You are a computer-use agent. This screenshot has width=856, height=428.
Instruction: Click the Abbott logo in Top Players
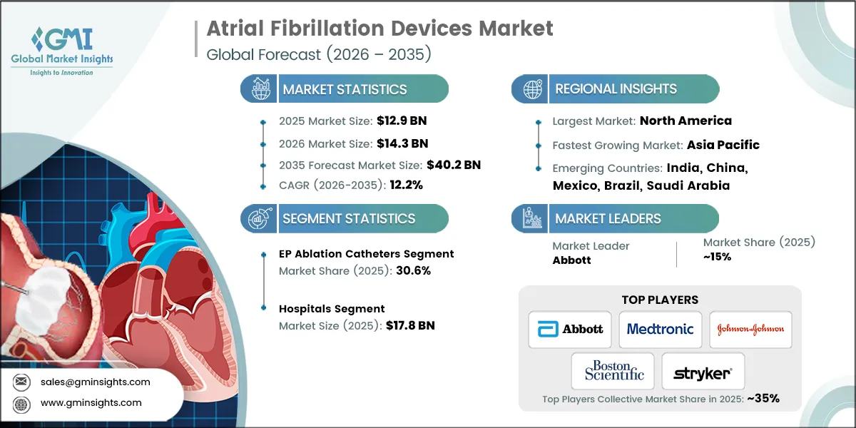pos(569,329)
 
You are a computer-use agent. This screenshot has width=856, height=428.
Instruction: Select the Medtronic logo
pos(660,329)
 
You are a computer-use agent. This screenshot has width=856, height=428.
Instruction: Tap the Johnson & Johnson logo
pos(750,329)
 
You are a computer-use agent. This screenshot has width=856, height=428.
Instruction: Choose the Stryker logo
pos(703,373)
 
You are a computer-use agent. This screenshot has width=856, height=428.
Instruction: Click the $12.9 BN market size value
pos(402,120)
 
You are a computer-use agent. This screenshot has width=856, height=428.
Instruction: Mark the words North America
pos(686,121)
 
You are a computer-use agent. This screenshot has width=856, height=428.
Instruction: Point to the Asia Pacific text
pos(723,145)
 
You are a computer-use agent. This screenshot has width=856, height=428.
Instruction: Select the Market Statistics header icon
pos(259,89)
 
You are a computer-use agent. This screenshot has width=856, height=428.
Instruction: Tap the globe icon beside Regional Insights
pos(531,89)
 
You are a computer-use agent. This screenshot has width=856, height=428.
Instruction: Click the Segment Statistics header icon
pos(259,218)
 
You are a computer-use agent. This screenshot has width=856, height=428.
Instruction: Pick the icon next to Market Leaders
pos(531,218)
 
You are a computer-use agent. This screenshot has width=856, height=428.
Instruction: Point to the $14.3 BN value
pos(402,143)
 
